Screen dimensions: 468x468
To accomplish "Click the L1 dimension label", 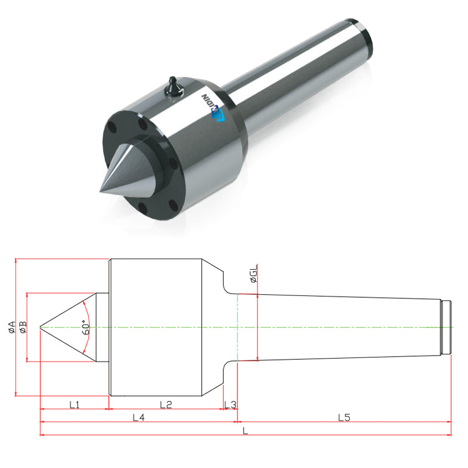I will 74,404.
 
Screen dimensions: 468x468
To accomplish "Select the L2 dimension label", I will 166,404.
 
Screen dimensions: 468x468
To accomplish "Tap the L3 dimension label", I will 230,404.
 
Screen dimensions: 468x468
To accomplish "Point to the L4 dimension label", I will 139,418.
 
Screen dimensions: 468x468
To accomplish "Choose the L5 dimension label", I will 344,418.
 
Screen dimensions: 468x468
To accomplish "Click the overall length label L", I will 245,432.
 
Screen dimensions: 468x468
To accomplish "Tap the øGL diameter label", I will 253,274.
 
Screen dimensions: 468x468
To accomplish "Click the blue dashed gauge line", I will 238,328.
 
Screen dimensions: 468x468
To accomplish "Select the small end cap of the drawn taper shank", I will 446,327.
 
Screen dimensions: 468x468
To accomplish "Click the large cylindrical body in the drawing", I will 156,327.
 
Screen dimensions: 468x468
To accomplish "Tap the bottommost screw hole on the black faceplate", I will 140,205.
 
